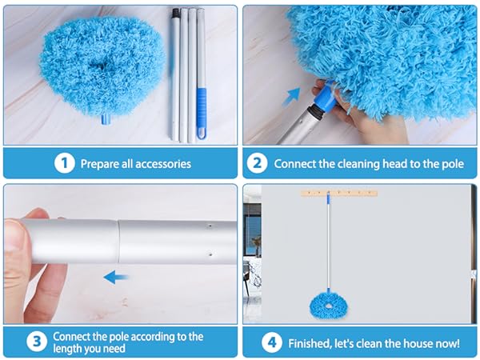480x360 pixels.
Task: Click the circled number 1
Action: [x=65, y=163]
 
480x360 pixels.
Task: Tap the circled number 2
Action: [x=257, y=163]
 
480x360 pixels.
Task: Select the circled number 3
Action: [x=37, y=341]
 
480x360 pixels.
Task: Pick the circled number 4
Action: [x=272, y=342]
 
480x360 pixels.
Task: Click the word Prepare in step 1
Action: [x=100, y=164]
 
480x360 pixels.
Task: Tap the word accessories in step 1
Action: [x=163, y=164]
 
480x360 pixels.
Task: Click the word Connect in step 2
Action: [x=294, y=164]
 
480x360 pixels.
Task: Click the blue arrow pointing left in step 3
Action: [x=116, y=277]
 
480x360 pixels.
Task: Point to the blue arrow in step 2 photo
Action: [x=291, y=97]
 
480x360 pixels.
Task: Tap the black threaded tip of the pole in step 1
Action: [x=175, y=12]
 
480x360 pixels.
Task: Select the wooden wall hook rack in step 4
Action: [x=339, y=193]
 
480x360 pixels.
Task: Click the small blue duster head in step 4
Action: [x=329, y=306]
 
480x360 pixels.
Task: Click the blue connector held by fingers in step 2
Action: [x=326, y=97]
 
